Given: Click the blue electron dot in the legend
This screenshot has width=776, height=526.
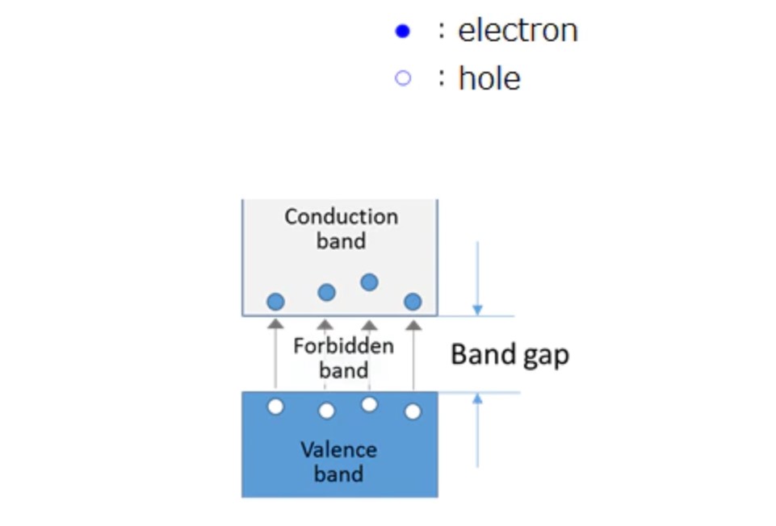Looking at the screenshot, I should [402, 31].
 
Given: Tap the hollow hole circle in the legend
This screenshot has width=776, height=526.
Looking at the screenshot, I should [402, 78].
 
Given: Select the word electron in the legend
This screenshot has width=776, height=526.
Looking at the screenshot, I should [518, 31].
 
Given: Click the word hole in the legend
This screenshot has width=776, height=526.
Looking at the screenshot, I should [489, 78].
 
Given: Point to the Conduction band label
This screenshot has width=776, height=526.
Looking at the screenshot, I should [341, 228].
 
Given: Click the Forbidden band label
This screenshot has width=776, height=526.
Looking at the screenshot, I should [343, 357].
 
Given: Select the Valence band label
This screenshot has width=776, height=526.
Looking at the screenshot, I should [339, 461].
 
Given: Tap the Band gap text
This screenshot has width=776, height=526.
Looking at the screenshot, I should [510, 354].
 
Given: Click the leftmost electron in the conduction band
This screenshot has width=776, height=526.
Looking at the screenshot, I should [275, 302].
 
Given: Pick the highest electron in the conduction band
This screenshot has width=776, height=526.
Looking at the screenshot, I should [369, 282].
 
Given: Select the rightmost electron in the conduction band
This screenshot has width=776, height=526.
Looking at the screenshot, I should [413, 302].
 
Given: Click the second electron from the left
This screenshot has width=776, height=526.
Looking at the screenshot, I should [326, 292].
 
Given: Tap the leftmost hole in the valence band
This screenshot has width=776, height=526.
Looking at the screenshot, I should [275, 407].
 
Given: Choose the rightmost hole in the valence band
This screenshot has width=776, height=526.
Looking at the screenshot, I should [413, 411].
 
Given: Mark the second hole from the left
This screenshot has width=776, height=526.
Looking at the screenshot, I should [326, 411].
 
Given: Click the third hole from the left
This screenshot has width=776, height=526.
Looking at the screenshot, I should [369, 405].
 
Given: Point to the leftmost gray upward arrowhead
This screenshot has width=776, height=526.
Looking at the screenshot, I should [275, 324].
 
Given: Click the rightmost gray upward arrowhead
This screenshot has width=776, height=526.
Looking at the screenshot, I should [413, 324].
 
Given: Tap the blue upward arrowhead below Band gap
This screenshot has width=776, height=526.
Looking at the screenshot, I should [477, 399].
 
